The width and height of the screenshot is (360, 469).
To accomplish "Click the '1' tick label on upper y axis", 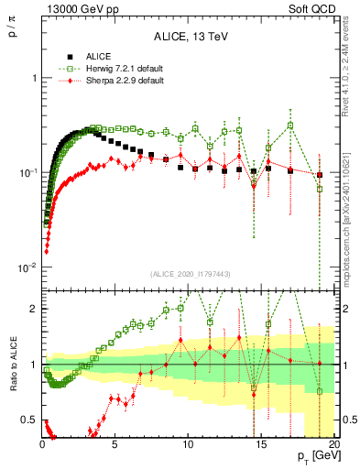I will tap(34, 78).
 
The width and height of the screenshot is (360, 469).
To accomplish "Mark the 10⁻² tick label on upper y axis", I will tap(29, 267).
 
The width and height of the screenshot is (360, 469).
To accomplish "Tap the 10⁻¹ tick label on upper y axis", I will tap(29, 172).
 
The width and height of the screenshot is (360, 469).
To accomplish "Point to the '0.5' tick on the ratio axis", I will tap(30, 420).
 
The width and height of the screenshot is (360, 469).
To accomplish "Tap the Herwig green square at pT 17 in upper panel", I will tap(290, 125).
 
